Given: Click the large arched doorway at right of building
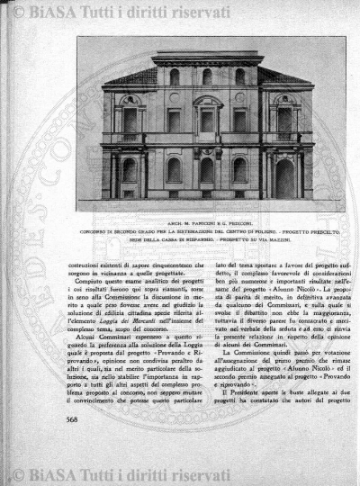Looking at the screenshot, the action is coord(284,176).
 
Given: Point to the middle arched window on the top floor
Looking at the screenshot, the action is coord(207,77).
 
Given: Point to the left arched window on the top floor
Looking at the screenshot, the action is coord(174,77).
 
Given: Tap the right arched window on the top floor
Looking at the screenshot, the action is coord(240,77).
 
